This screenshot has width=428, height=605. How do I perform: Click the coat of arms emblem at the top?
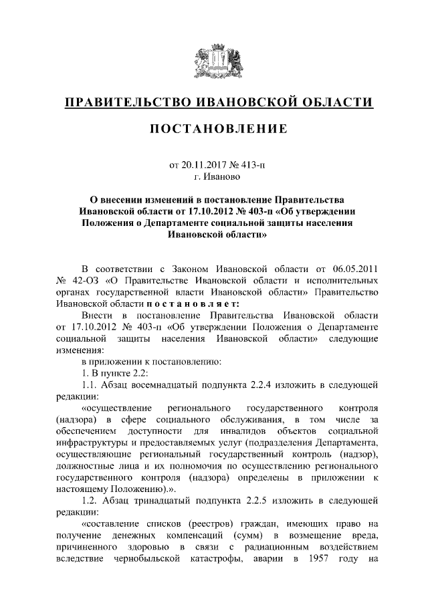click(x=213, y=64)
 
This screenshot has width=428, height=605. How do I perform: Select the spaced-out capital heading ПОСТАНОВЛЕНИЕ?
click(x=213, y=128)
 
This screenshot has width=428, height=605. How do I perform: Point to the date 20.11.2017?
click(x=205, y=166)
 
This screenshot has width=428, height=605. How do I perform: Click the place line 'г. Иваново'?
click(x=213, y=177)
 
